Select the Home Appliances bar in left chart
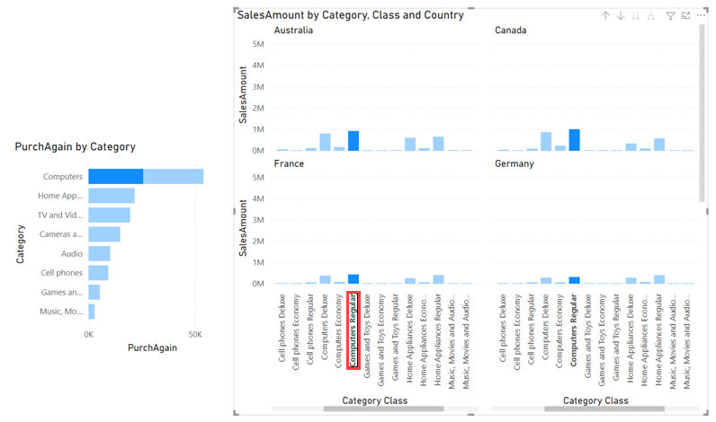tap(112, 196)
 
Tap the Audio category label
tap(71, 254)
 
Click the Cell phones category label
tap(62, 273)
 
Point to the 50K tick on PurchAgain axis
tap(194, 334)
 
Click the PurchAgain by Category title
tap(75, 147)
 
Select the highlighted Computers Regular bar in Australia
tap(354, 141)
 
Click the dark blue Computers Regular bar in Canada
tap(574, 140)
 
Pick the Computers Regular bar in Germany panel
tap(574, 280)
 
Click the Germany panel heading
tap(514, 164)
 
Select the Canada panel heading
tap(510, 31)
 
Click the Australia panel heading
tap(293, 31)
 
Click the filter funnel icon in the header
tap(670, 16)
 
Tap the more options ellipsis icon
tap(701, 16)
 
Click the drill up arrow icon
tap(605, 16)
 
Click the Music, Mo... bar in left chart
tap(91, 312)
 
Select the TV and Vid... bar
tap(109, 215)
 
